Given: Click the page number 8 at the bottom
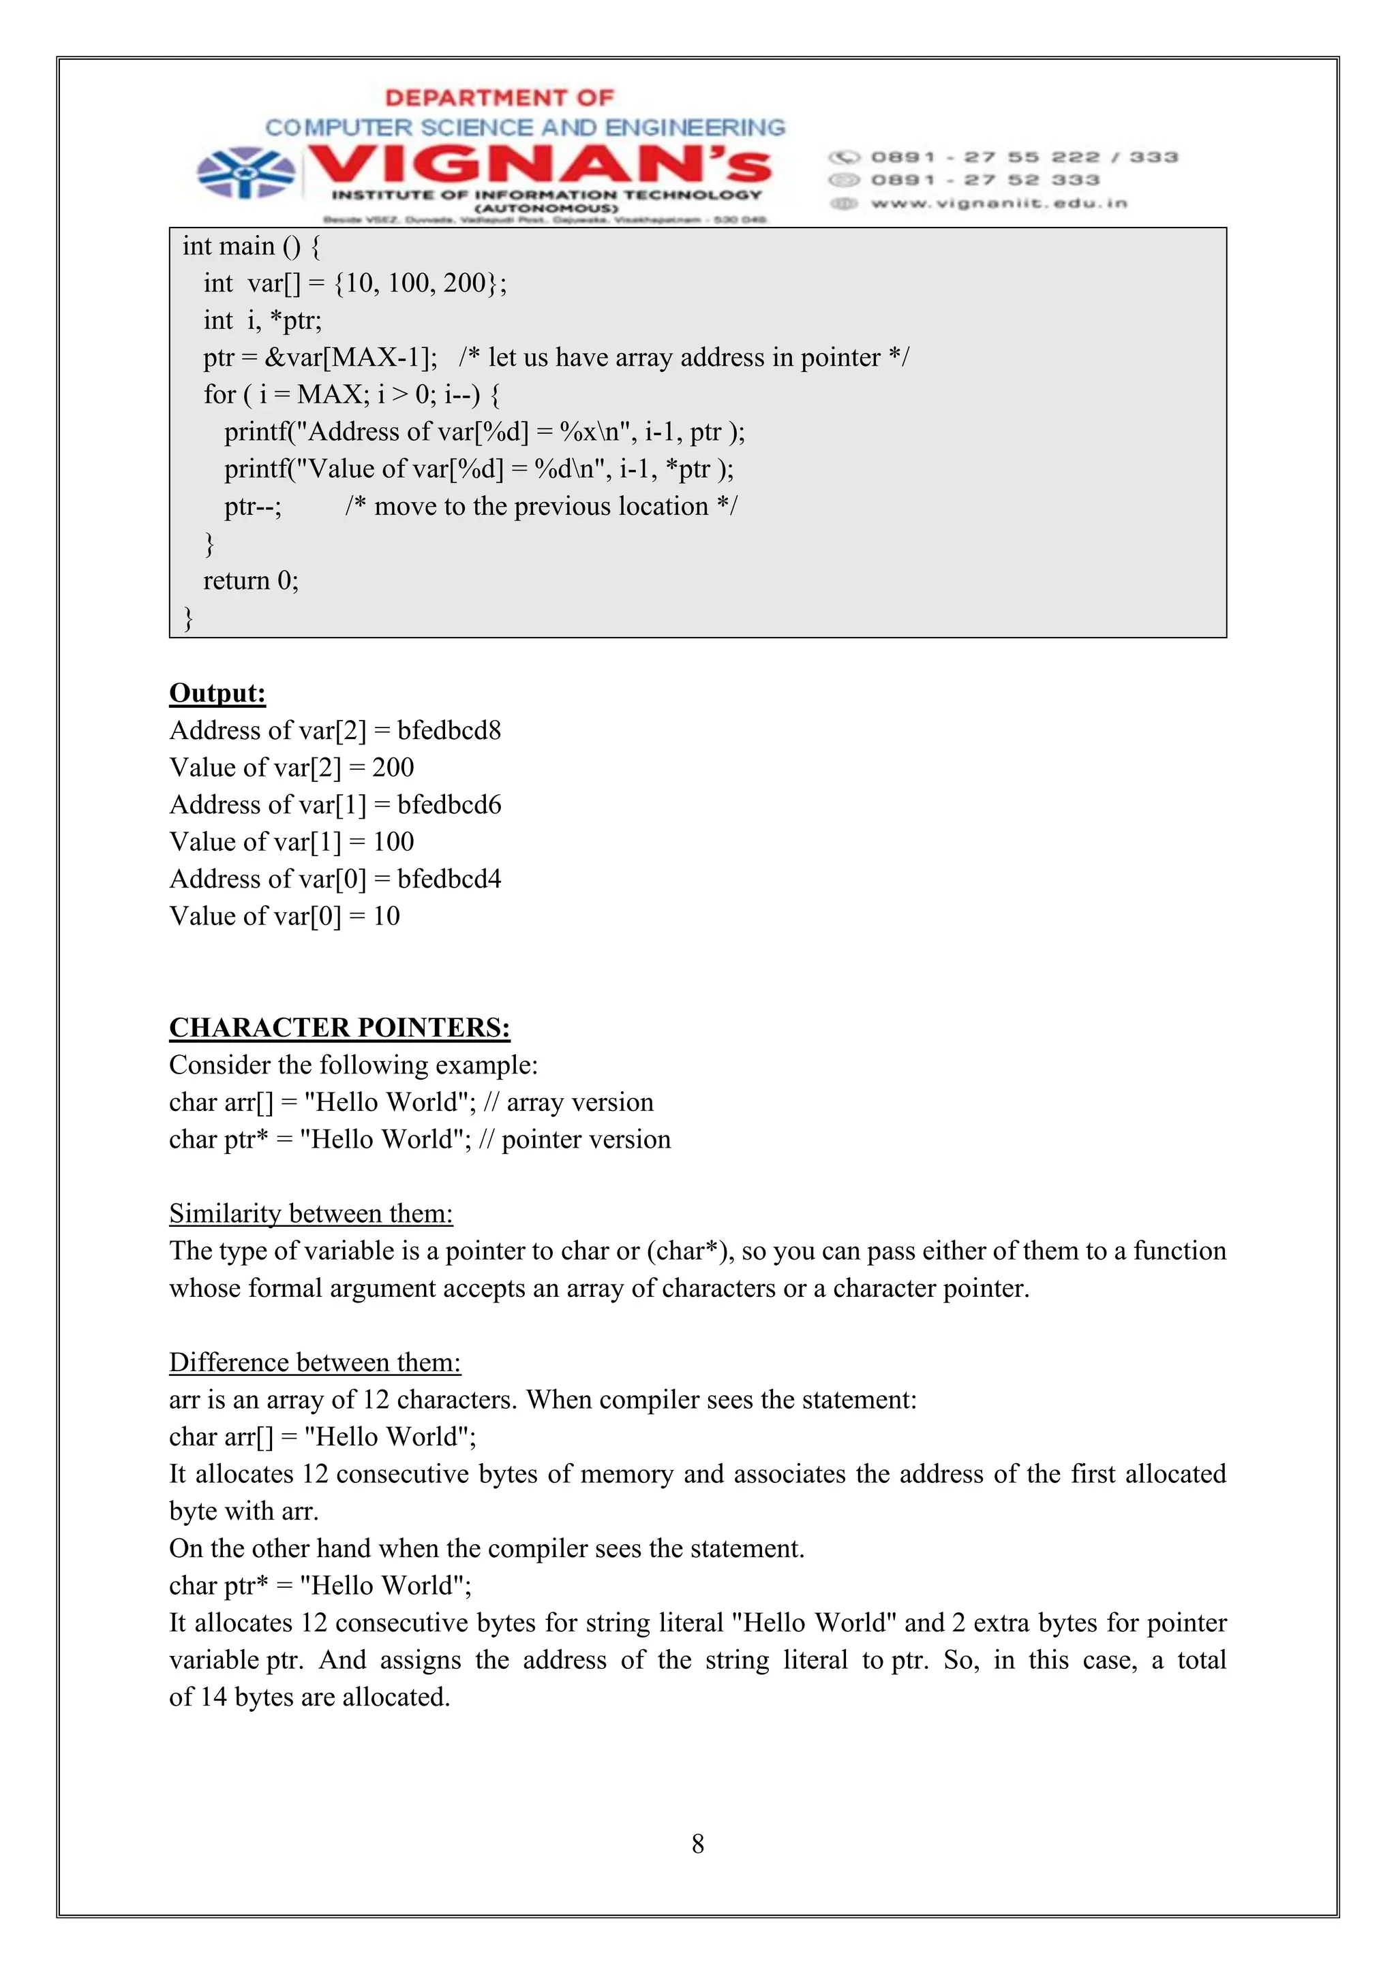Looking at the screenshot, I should (x=697, y=1843).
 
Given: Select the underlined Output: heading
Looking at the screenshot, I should (x=217, y=693).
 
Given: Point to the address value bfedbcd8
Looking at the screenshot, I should (x=449, y=730).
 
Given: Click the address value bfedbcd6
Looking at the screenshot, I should (x=449, y=804).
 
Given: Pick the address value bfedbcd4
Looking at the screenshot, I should (x=449, y=879).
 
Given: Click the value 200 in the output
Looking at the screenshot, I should (x=393, y=767).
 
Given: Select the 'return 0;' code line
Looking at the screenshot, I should (x=250, y=580).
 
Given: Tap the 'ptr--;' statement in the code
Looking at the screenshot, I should (x=253, y=506).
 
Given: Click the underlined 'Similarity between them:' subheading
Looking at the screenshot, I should (x=311, y=1213).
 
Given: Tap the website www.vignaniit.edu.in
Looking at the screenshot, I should (x=998, y=204).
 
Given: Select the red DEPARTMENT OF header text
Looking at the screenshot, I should (x=500, y=98).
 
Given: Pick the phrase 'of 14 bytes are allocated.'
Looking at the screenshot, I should (x=309, y=1697).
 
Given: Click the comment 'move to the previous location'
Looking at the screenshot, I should (x=541, y=506).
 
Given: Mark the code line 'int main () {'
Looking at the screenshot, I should (x=250, y=247).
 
